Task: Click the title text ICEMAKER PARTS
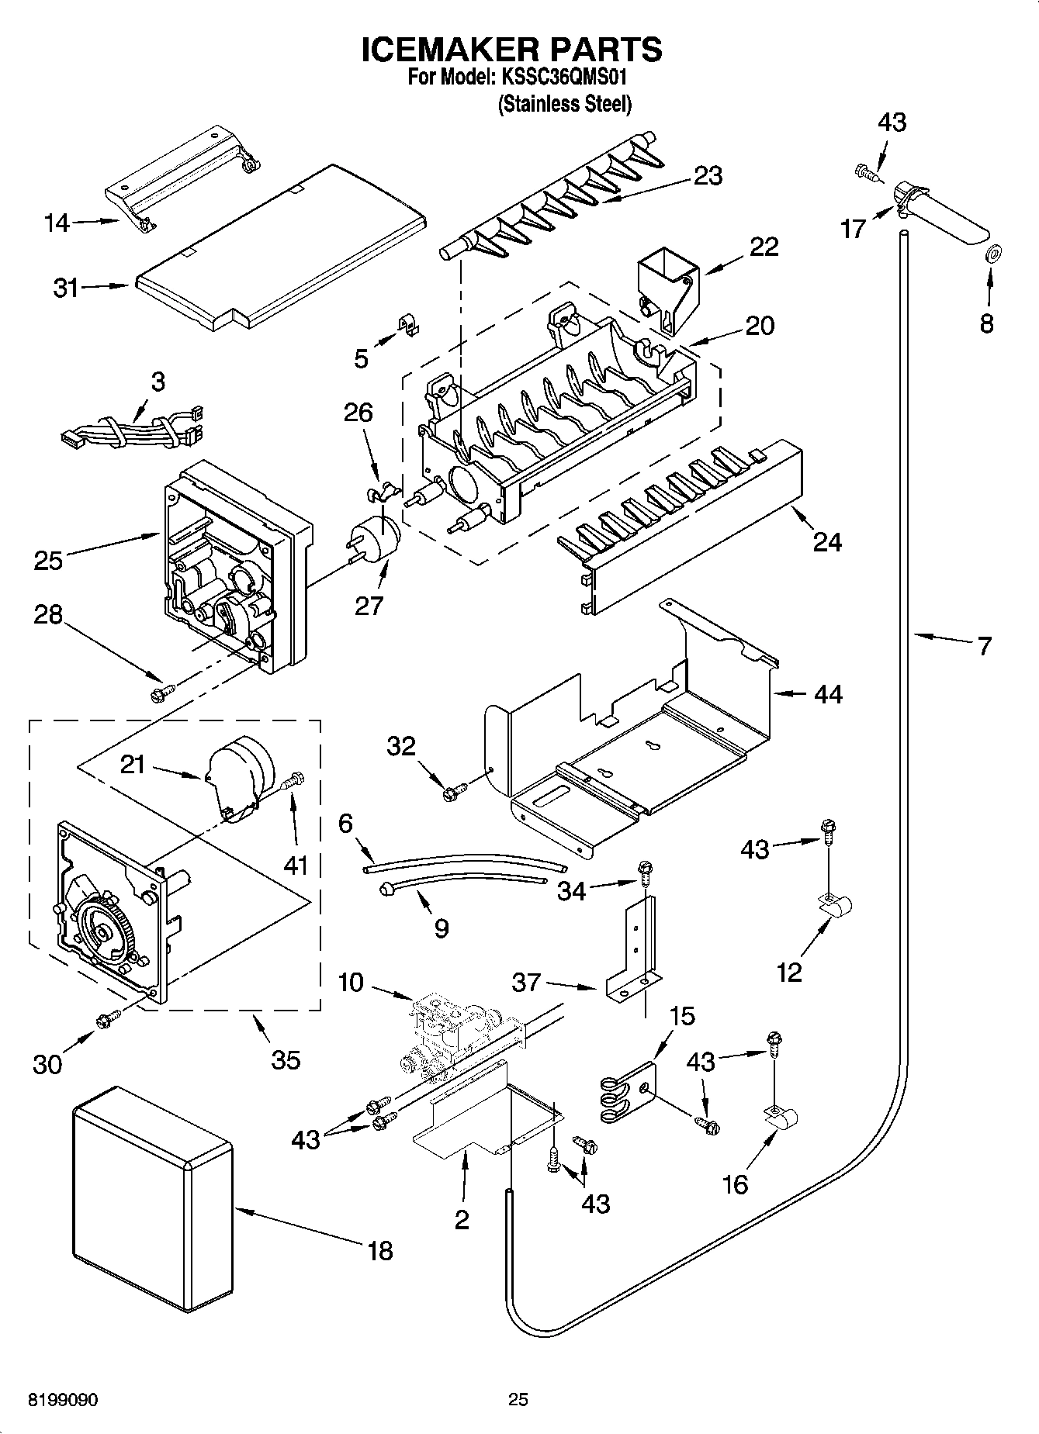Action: pyautogui.click(x=512, y=49)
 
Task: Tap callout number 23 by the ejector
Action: pyautogui.click(x=708, y=176)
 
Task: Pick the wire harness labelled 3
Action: pyautogui.click(x=132, y=434)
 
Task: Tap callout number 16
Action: pyautogui.click(x=735, y=1184)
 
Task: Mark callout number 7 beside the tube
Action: pyautogui.click(x=984, y=645)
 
